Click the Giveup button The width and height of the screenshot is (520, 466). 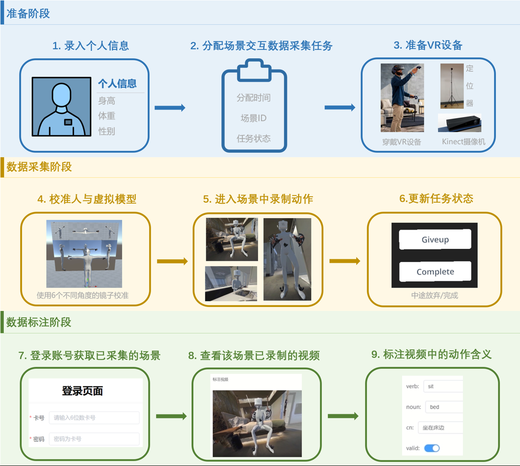coord(435,239)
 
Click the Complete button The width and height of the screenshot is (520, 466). coord(435,272)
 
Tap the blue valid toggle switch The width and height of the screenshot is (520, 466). coord(431,448)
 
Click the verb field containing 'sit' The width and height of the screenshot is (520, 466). coord(443,386)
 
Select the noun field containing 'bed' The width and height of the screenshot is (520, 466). coord(443,407)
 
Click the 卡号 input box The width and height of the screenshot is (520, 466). coord(94,418)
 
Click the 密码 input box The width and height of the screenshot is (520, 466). coord(94,439)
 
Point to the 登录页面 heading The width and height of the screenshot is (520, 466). coord(82,391)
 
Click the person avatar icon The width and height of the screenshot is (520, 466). coord(61,107)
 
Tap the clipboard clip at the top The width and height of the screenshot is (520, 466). coord(254,71)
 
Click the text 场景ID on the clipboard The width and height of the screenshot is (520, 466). coord(254,118)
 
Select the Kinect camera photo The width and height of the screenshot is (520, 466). coord(459,123)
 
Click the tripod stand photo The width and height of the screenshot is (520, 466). coord(452,86)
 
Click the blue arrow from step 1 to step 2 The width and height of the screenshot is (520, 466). coord(170,107)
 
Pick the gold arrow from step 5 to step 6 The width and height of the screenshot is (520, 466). coord(344,261)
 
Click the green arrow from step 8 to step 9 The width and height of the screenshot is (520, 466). coord(343,416)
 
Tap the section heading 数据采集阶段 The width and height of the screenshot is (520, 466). coord(39,167)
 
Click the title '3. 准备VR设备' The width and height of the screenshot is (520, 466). coord(428,45)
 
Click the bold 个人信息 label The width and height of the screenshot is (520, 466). coord(117,83)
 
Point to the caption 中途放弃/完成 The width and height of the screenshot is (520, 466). coord(435,295)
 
